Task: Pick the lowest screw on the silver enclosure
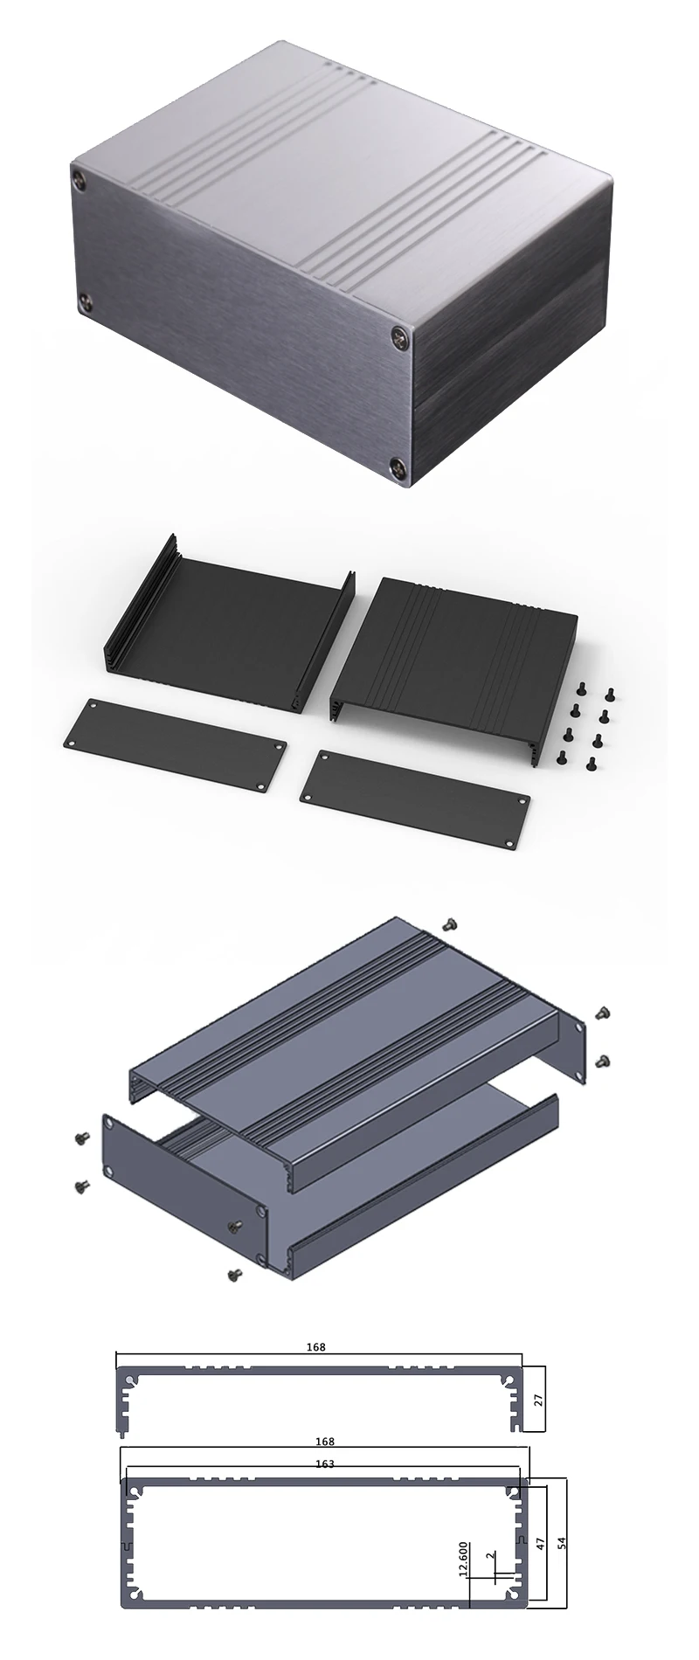pyautogui.click(x=398, y=466)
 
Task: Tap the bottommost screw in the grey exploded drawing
pyautogui.click(x=233, y=1276)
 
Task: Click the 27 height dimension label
pyautogui.click(x=539, y=1401)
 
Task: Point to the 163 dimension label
pyautogui.click(x=325, y=1464)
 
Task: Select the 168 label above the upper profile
pyautogui.click(x=316, y=1347)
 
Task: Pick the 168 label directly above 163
pyautogui.click(x=325, y=1442)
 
